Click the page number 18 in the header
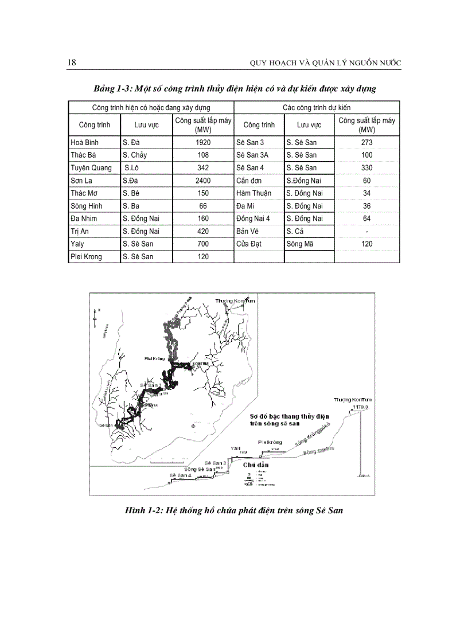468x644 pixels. [x=72, y=63]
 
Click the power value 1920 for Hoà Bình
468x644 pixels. [x=203, y=142]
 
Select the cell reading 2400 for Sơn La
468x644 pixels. [x=203, y=181]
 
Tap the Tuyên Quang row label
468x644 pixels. [x=91, y=168]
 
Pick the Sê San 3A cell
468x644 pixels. [x=252, y=155]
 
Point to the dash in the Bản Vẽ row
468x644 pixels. [x=367, y=231]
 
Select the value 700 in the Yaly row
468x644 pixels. [x=203, y=244]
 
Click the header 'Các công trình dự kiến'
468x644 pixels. [x=317, y=107]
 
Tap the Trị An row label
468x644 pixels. [x=80, y=231]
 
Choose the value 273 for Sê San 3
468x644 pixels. [x=367, y=142]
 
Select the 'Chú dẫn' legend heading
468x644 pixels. [x=255, y=465]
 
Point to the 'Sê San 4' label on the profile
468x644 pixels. [x=180, y=475]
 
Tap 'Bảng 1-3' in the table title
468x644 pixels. [x=113, y=89]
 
